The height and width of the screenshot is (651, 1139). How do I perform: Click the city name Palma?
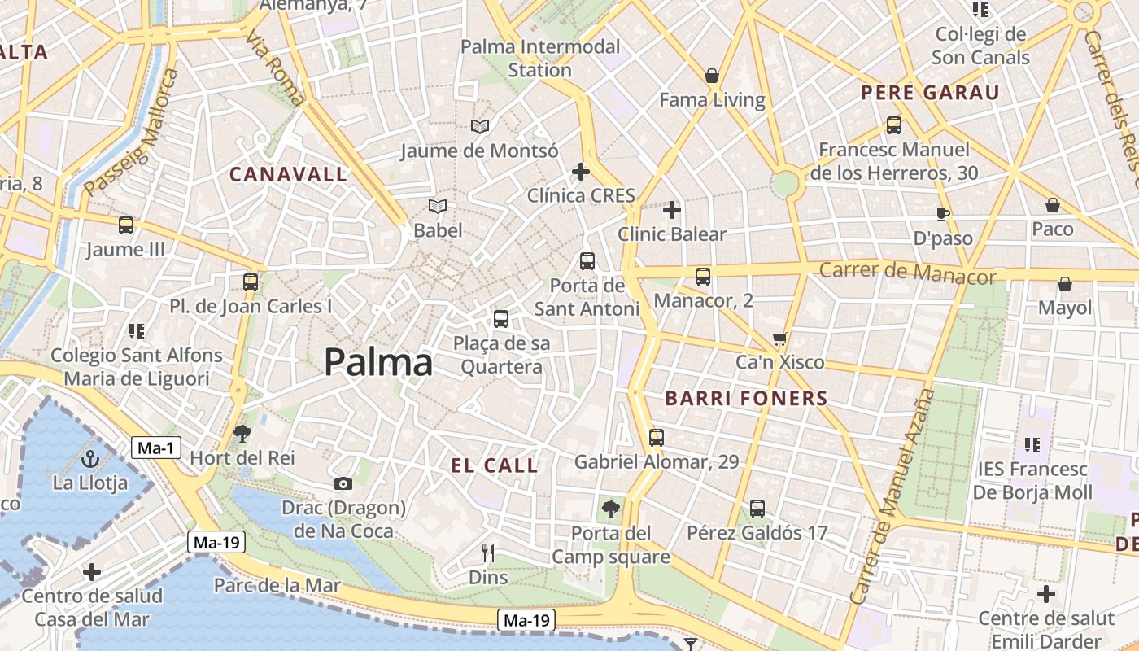(x=378, y=363)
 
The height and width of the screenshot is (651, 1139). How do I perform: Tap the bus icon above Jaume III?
(x=126, y=225)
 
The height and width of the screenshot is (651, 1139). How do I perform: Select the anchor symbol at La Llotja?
(x=90, y=458)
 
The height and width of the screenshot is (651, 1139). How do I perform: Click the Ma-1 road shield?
(x=156, y=448)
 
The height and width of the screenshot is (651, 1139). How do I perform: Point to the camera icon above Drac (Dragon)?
(x=343, y=483)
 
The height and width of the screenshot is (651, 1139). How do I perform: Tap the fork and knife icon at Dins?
(x=488, y=553)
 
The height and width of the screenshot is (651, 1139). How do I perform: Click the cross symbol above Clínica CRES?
(x=581, y=172)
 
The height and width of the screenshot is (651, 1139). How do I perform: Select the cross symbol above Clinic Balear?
(x=672, y=211)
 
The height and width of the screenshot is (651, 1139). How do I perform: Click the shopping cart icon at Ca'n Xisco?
(x=780, y=339)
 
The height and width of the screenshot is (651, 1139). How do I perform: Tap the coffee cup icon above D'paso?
(x=943, y=214)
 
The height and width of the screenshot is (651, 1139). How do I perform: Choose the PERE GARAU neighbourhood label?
(x=930, y=93)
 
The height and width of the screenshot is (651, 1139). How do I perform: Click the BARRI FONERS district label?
(x=746, y=399)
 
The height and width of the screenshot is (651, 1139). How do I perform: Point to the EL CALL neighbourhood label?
(x=495, y=466)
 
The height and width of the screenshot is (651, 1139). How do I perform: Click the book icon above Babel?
(x=438, y=207)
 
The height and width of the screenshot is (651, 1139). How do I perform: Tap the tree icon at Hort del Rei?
(x=242, y=434)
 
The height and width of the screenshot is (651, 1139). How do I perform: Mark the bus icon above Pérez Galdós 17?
(x=757, y=509)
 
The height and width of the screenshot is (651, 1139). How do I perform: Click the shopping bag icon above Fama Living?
(x=712, y=76)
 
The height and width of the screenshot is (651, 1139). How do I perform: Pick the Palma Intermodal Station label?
(x=540, y=58)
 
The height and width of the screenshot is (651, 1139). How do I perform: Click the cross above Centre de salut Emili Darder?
(x=1046, y=594)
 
